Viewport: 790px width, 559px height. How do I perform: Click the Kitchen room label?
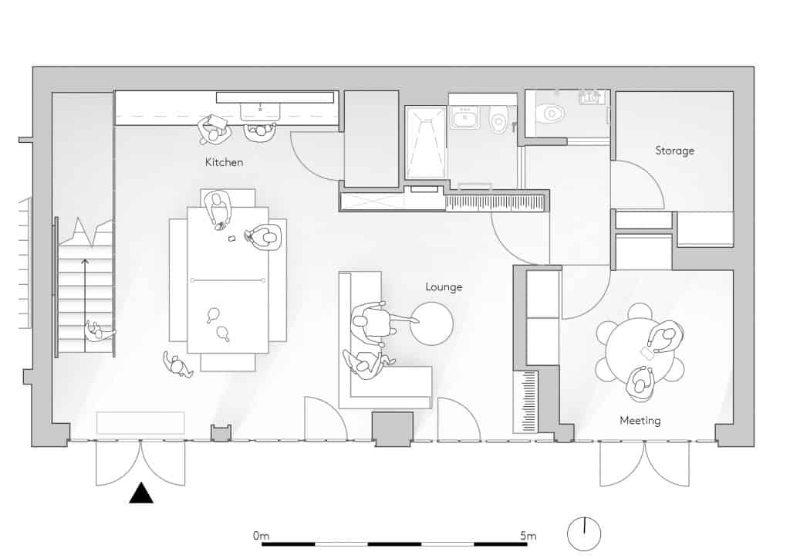224,162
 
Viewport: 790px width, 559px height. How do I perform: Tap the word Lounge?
444,286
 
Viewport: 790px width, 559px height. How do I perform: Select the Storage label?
674,151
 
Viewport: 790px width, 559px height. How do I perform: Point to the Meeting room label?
640,420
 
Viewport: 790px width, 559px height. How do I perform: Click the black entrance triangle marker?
141,493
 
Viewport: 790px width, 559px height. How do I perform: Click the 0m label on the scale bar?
261,535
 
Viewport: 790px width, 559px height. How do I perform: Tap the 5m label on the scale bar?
528,535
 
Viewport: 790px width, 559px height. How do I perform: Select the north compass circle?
584,534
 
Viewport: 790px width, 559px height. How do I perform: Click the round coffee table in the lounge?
431,324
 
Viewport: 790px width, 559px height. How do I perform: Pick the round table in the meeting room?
640,352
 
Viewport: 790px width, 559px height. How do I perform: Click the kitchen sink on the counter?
260,112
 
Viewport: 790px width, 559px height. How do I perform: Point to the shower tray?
426,142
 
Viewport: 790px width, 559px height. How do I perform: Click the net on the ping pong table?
228,280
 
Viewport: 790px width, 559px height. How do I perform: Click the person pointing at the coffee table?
376,322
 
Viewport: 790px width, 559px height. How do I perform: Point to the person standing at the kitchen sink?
260,132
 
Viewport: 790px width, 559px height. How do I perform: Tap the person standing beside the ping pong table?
177,364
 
